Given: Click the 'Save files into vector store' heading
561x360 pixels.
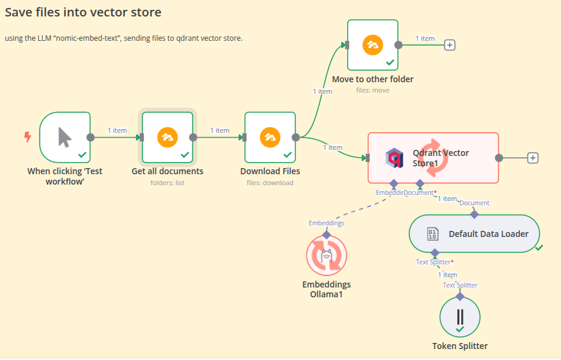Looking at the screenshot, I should pyautogui.click(x=83, y=12).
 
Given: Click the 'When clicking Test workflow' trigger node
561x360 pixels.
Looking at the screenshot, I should pyautogui.click(x=65, y=137).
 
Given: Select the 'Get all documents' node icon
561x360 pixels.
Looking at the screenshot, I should pyautogui.click(x=168, y=137).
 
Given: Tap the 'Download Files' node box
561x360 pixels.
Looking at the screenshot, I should pyautogui.click(x=270, y=137).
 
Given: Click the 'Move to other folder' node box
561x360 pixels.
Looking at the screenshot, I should pyautogui.click(x=372, y=44).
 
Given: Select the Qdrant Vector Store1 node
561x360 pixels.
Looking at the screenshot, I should pyautogui.click(x=433, y=158).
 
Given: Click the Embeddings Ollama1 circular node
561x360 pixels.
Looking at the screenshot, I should pyautogui.click(x=326, y=256).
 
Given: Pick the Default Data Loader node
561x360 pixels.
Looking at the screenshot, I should pyautogui.click(x=474, y=233).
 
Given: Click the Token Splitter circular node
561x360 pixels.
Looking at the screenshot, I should pyautogui.click(x=460, y=317).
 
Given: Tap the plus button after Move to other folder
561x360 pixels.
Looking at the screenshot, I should pyautogui.click(x=450, y=44).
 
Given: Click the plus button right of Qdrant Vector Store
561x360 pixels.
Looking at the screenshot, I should pyautogui.click(x=532, y=158).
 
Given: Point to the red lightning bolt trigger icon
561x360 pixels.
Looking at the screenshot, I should pyautogui.click(x=27, y=137).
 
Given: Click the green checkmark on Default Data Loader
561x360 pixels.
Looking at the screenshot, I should pyautogui.click(x=539, y=247).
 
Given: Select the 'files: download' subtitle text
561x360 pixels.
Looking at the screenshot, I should pyautogui.click(x=270, y=183).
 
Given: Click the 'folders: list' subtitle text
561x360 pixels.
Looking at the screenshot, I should pyautogui.click(x=168, y=183).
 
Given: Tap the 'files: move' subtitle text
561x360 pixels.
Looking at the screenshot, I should pyautogui.click(x=372, y=90).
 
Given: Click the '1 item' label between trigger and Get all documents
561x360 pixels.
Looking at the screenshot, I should pyautogui.click(x=117, y=130).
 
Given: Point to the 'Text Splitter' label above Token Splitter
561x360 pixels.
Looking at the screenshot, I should pyautogui.click(x=460, y=285).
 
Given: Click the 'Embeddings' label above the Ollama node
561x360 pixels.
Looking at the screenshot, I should pyautogui.click(x=326, y=223).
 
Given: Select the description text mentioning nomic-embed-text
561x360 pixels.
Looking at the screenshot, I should pyautogui.click(x=124, y=38).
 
